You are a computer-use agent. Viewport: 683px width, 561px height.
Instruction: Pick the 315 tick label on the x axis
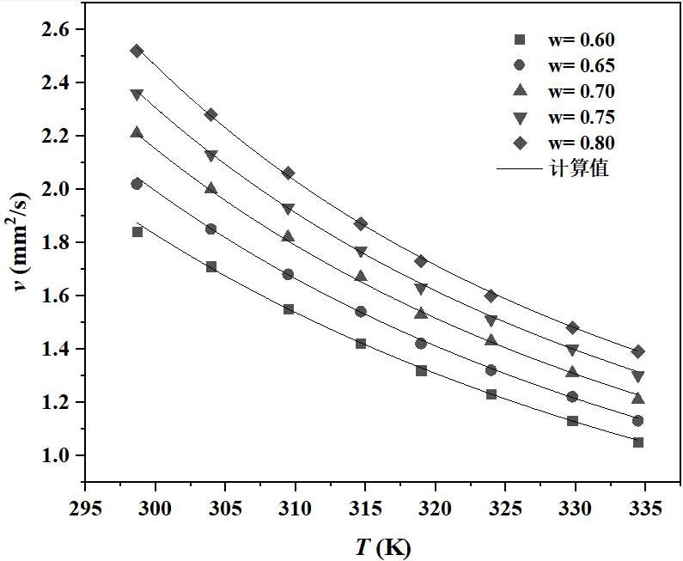(x=365, y=509)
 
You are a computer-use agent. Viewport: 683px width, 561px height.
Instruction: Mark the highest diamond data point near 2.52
(x=137, y=51)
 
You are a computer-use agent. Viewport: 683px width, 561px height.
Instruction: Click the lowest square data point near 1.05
(x=638, y=442)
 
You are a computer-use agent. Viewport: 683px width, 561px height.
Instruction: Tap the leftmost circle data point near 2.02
(x=137, y=184)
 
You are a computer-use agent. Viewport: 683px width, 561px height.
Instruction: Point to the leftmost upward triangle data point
(x=137, y=132)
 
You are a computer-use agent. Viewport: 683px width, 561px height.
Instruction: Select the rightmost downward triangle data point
(x=638, y=376)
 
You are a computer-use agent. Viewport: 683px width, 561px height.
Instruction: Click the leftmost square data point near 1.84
(x=137, y=232)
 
